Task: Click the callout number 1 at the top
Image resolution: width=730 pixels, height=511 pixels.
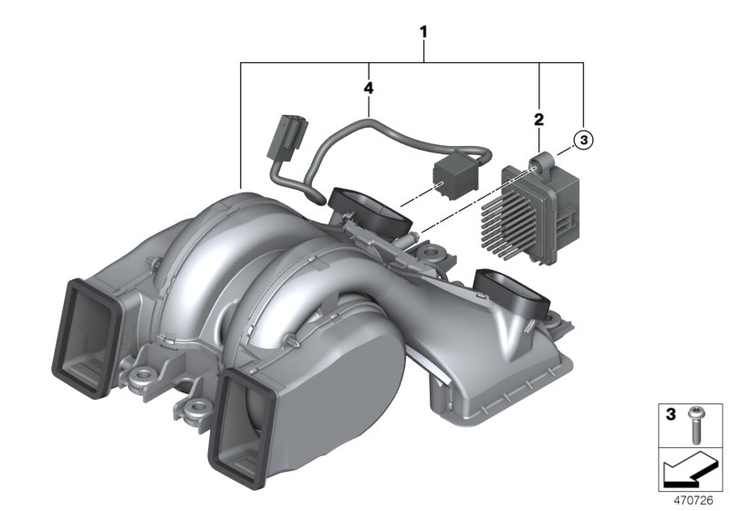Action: click(x=422, y=32)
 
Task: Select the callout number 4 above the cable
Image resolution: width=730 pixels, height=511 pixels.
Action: click(x=368, y=89)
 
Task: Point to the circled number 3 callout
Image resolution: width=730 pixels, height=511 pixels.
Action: click(x=582, y=140)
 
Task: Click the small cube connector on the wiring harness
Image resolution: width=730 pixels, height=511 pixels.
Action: click(x=452, y=171)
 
